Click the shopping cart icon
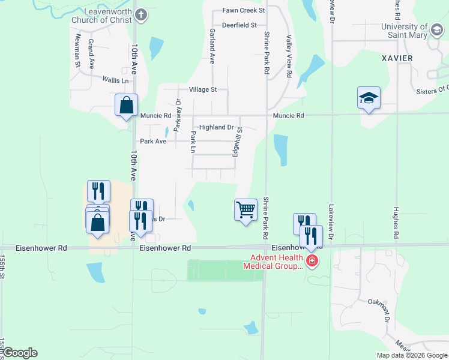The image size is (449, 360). click(x=246, y=210)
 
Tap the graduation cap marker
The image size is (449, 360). click(x=369, y=98)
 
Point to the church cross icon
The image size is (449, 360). click(x=140, y=15)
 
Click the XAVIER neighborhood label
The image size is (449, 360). click(x=397, y=58)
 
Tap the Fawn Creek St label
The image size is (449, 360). click(x=244, y=11)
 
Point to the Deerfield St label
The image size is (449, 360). click(x=239, y=25)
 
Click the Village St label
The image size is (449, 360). click(x=203, y=89)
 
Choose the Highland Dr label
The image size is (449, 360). click(x=216, y=127)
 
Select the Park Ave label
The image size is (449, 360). click(x=153, y=142)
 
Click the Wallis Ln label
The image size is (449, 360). click(x=115, y=80)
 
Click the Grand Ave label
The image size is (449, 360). click(x=91, y=55)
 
